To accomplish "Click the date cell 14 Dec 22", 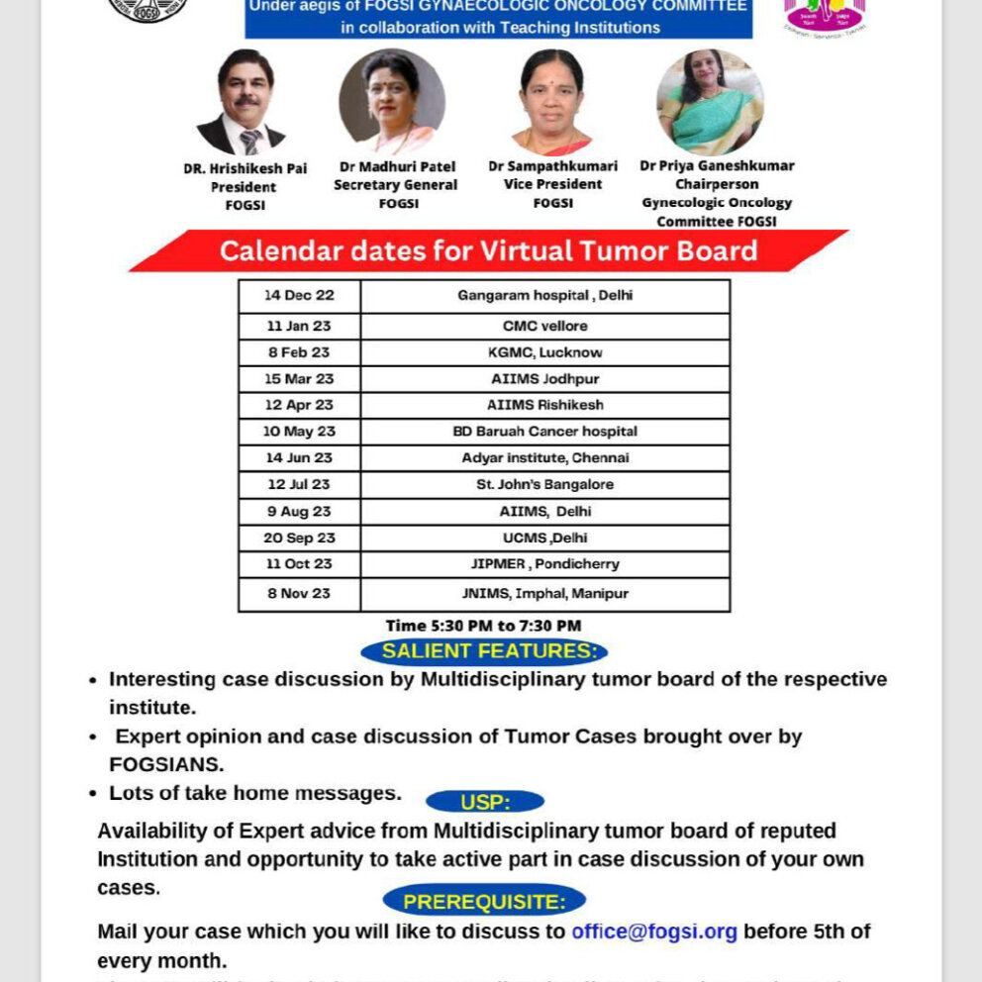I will coord(299,296).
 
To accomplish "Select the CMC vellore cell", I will coord(544,326).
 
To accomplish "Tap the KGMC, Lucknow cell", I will coord(544,352).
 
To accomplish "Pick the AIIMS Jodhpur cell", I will coord(544,379).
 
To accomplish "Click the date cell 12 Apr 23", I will coord(299,405).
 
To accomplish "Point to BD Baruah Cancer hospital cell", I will coord(544,432).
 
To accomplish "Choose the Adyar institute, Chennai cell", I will coord(544,458).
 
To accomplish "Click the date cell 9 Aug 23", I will coord(299,512).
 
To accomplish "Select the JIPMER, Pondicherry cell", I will coord(544,564).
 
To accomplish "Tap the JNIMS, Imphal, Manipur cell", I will coord(544,594).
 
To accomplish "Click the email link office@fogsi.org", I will coord(654,932).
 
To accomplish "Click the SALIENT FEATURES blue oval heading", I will coord(484,651).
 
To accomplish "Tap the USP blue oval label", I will coord(484,802).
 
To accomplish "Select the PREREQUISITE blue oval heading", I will coord(484,902).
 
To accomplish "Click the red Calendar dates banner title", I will coord(488,251).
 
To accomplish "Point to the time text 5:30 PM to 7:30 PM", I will coord(483,626).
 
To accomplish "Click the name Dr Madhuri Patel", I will coord(396,167).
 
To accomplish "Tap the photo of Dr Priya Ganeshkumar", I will coord(710,102).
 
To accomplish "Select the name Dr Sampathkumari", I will coord(553,166).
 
